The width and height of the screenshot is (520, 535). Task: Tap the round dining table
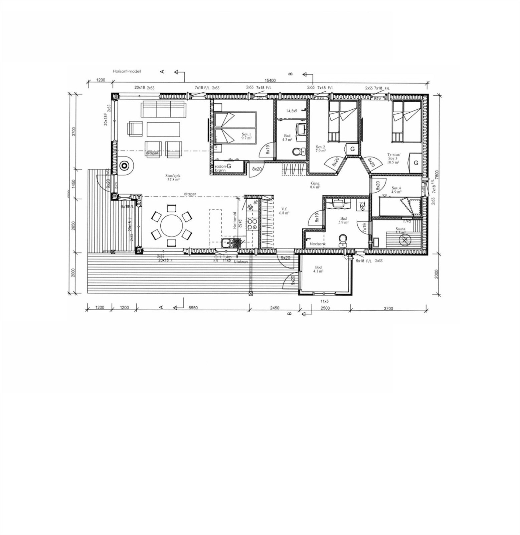point(172,226)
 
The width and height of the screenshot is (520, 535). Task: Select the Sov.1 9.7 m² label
point(246,136)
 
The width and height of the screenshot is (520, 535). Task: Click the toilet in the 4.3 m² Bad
point(296,152)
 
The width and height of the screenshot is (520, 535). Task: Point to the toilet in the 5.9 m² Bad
point(343,240)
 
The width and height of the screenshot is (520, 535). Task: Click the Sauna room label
point(400,230)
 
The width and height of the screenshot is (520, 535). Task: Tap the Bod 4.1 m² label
point(318,270)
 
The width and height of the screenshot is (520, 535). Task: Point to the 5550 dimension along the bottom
point(193,308)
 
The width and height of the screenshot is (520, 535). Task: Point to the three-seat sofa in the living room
point(163,110)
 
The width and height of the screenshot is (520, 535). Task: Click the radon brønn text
point(221,168)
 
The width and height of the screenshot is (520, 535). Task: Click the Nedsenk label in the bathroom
point(317,244)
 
